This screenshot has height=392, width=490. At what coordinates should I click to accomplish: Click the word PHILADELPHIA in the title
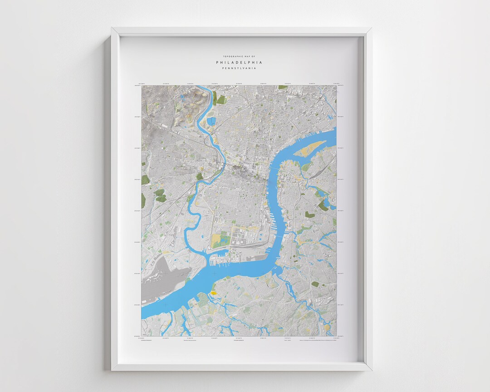click(x=239, y=62)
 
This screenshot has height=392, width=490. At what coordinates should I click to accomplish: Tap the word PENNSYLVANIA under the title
click(x=239, y=69)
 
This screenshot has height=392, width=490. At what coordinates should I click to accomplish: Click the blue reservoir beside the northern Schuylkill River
click(x=212, y=122)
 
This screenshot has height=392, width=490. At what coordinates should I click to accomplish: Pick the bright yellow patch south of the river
click(x=212, y=294)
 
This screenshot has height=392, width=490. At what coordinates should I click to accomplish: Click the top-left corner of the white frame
click(x=112, y=28)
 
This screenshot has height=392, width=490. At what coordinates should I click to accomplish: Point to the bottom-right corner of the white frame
click(x=371, y=370)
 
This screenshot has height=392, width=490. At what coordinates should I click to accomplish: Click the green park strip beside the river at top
click(x=220, y=99)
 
